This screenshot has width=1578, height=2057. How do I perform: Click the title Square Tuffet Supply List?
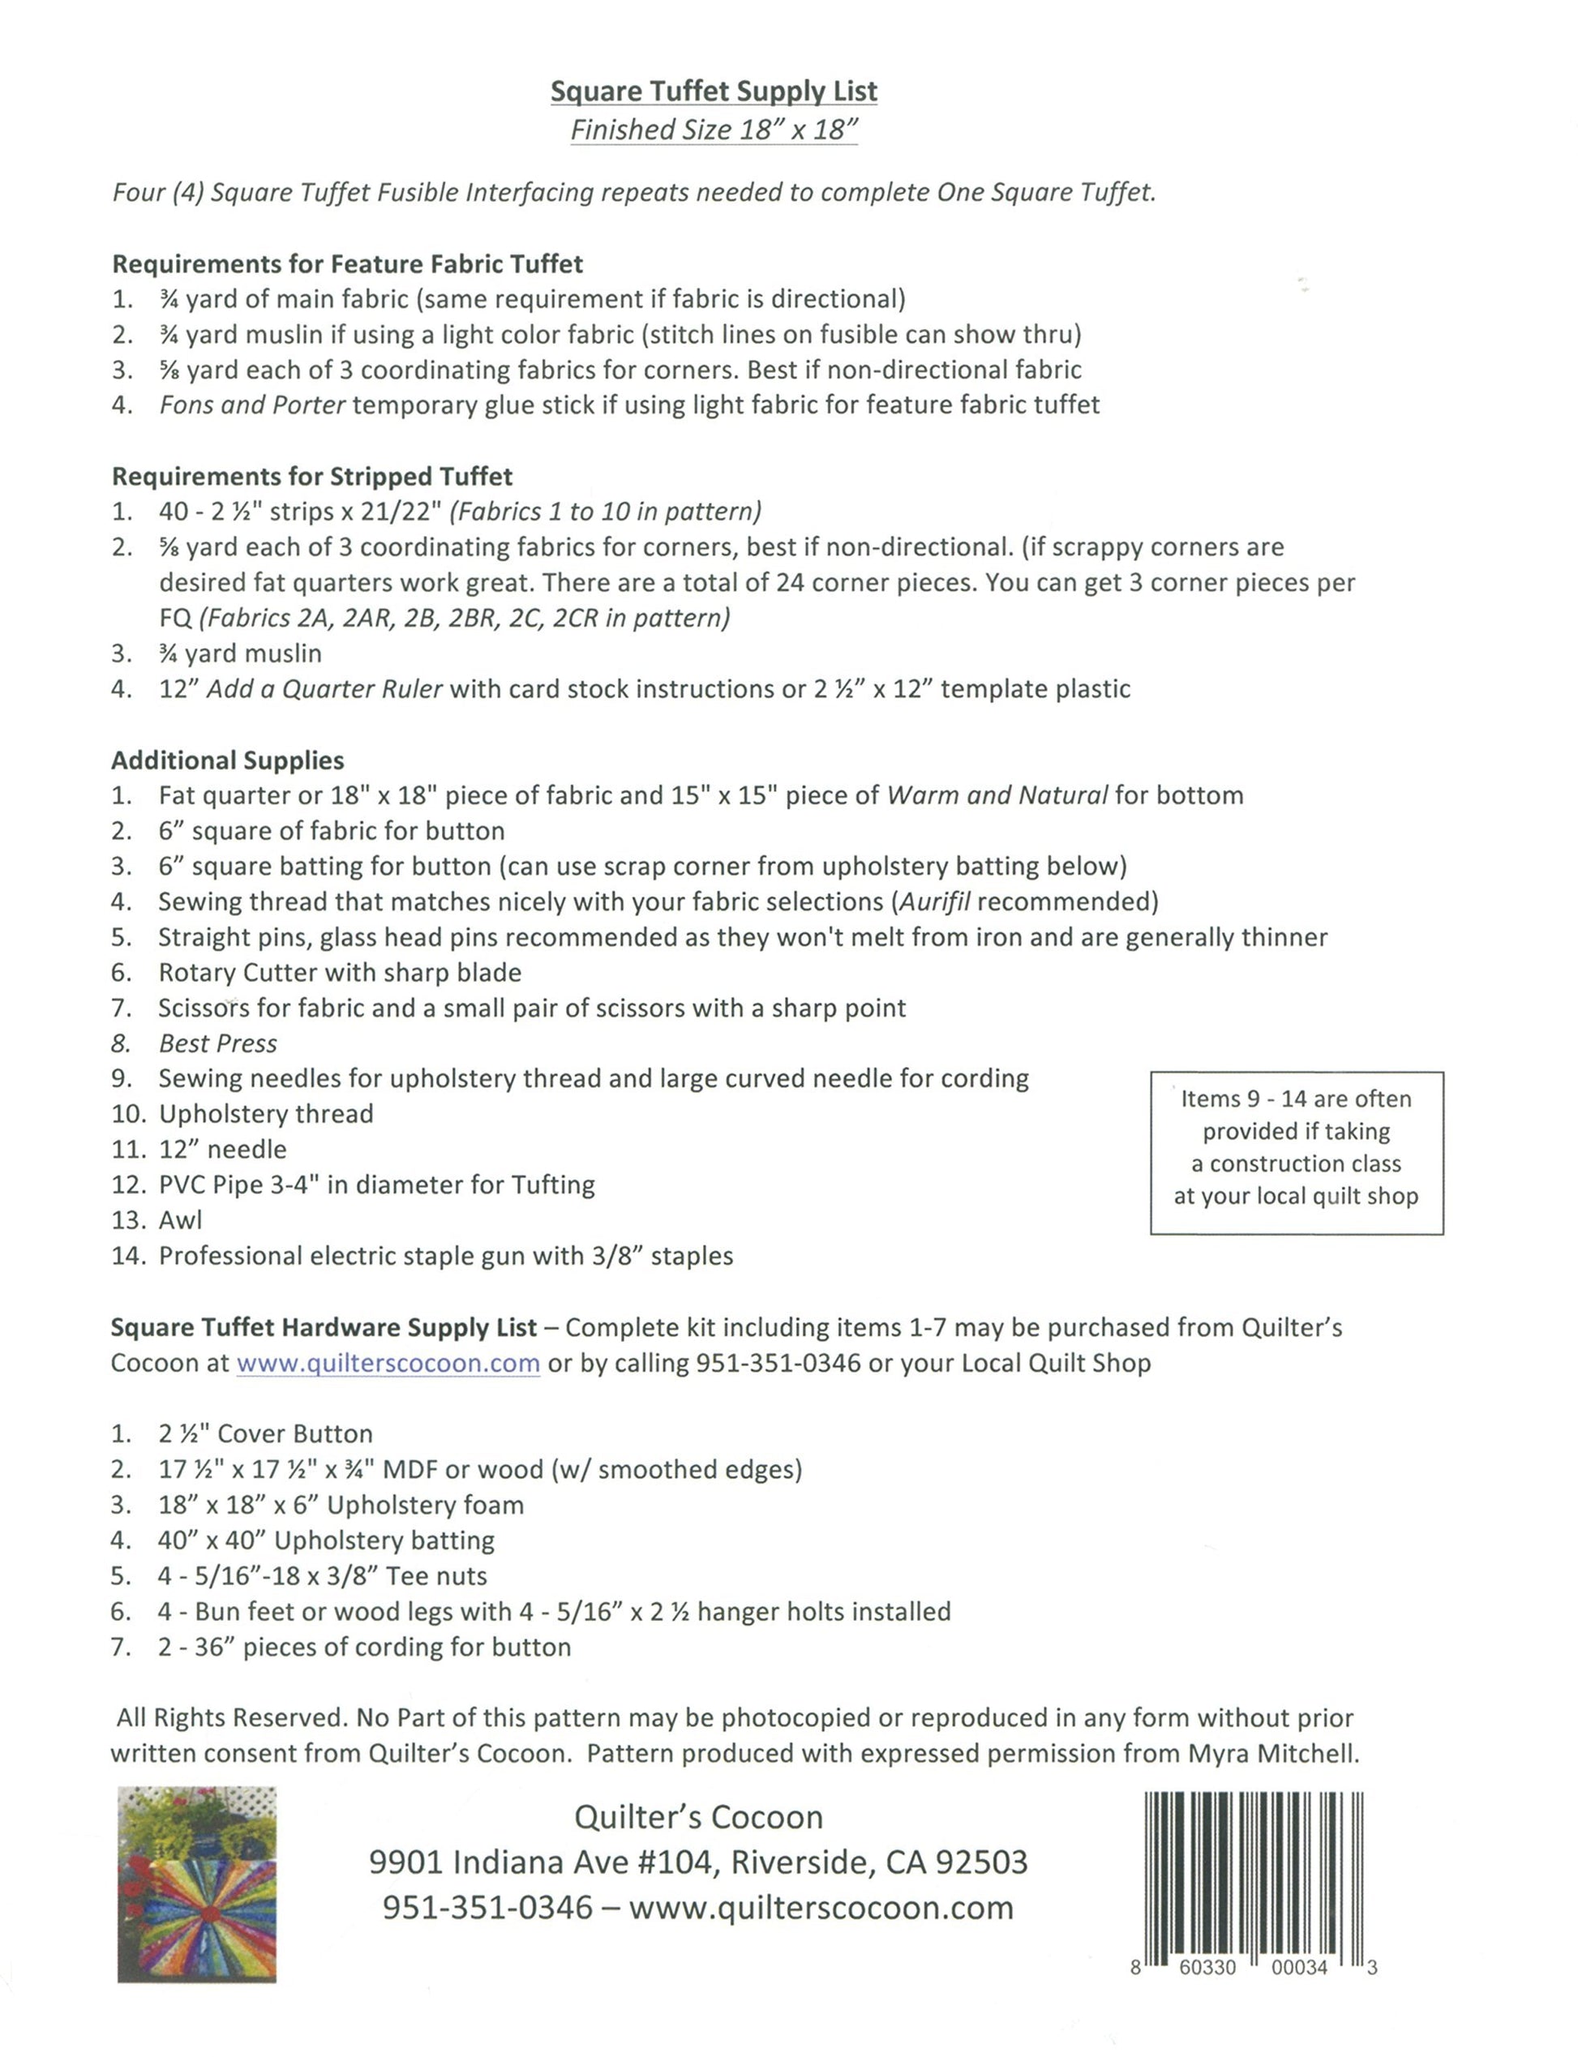point(713,91)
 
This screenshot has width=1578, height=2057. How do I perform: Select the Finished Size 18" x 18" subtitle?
point(713,130)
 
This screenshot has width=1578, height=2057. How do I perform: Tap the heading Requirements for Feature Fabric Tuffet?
point(348,264)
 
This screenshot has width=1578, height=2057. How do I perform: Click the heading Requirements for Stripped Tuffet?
point(312,476)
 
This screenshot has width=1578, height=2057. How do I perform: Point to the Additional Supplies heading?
point(227,760)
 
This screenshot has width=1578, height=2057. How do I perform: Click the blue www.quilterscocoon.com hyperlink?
point(388,1363)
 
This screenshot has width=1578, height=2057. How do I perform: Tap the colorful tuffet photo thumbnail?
point(196,1884)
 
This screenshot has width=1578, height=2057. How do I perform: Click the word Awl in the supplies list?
point(180,1220)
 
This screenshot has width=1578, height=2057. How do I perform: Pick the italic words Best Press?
point(218,1043)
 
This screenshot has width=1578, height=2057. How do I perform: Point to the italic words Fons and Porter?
point(251,405)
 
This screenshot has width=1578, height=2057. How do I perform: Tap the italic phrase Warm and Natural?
point(997,795)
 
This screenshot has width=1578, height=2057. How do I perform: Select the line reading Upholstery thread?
point(266,1114)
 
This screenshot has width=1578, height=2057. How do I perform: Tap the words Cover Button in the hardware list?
point(295,1434)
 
